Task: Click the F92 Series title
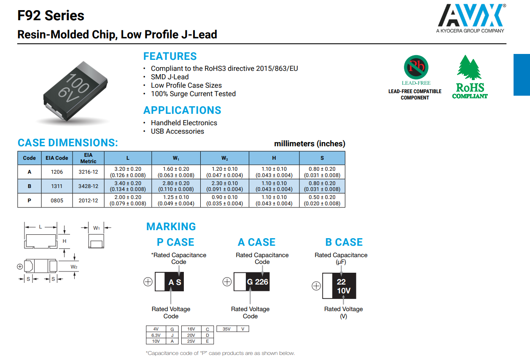(x=51, y=16)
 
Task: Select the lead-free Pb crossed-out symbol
(x=416, y=67)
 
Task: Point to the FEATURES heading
(x=170, y=56)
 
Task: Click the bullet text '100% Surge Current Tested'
(x=193, y=94)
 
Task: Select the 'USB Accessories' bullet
(x=177, y=131)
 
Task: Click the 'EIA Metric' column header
(x=88, y=158)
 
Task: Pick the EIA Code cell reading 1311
(x=57, y=186)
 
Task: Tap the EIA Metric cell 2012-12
(x=88, y=200)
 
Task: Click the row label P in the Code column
(x=29, y=200)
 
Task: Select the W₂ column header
(x=224, y=158)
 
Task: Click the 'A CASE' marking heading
(x=256, y=242)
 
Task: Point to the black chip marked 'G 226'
(x=257, y=282)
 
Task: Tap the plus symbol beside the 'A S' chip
(x=148, y=282)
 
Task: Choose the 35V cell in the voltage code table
(x=226, y=329)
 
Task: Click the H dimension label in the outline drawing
(x=65, y=241)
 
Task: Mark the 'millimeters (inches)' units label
(x=309, y=144)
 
